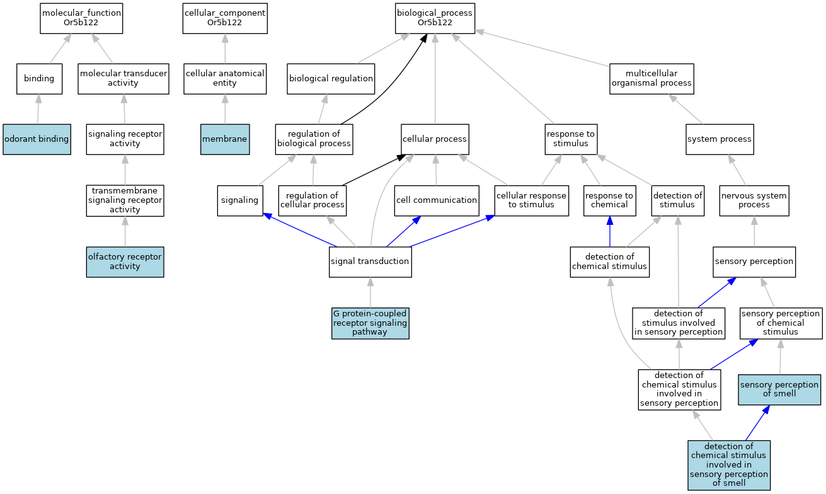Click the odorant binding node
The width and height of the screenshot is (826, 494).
coord(37,139)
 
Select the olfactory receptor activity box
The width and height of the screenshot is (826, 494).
coord(125,261)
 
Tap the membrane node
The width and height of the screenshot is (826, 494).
coord(225,139)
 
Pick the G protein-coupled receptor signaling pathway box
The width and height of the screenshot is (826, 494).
coord(370,323)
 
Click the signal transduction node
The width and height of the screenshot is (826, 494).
coord(370,261)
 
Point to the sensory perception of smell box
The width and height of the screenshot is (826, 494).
coord(780,389)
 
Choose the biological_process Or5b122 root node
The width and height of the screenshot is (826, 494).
coord(435,18)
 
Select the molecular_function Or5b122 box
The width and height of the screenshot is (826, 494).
coord(81,18)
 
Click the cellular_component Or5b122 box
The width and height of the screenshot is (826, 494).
coord(225,18)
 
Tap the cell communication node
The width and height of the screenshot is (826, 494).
coord(436,200)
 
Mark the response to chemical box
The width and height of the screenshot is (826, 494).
coord(609,200)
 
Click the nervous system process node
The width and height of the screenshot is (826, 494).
coord(754,200)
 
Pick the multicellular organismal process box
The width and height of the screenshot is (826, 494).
coord(652,79)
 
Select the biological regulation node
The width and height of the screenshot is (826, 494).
coord(331,79)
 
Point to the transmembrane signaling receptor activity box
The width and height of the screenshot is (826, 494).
coord(125,200)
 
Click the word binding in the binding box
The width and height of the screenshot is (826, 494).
coord(39,79)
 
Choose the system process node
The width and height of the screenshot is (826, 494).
coord(719,139)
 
